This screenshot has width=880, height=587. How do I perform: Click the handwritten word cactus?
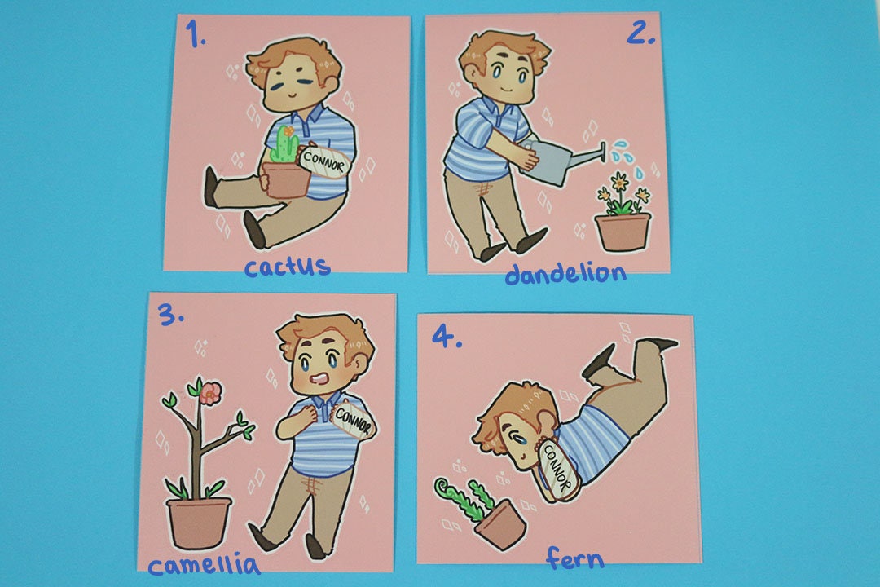pos(288,267)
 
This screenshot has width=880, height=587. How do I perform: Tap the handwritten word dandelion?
pos(565,273)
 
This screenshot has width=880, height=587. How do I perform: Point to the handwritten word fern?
pos(575,558)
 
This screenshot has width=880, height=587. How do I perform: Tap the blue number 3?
pos(170,317)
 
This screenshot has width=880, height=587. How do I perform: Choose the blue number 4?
pos(447,337)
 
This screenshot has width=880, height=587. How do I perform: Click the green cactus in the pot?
pos(283,145)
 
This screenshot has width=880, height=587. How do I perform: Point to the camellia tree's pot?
pos(198,522)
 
